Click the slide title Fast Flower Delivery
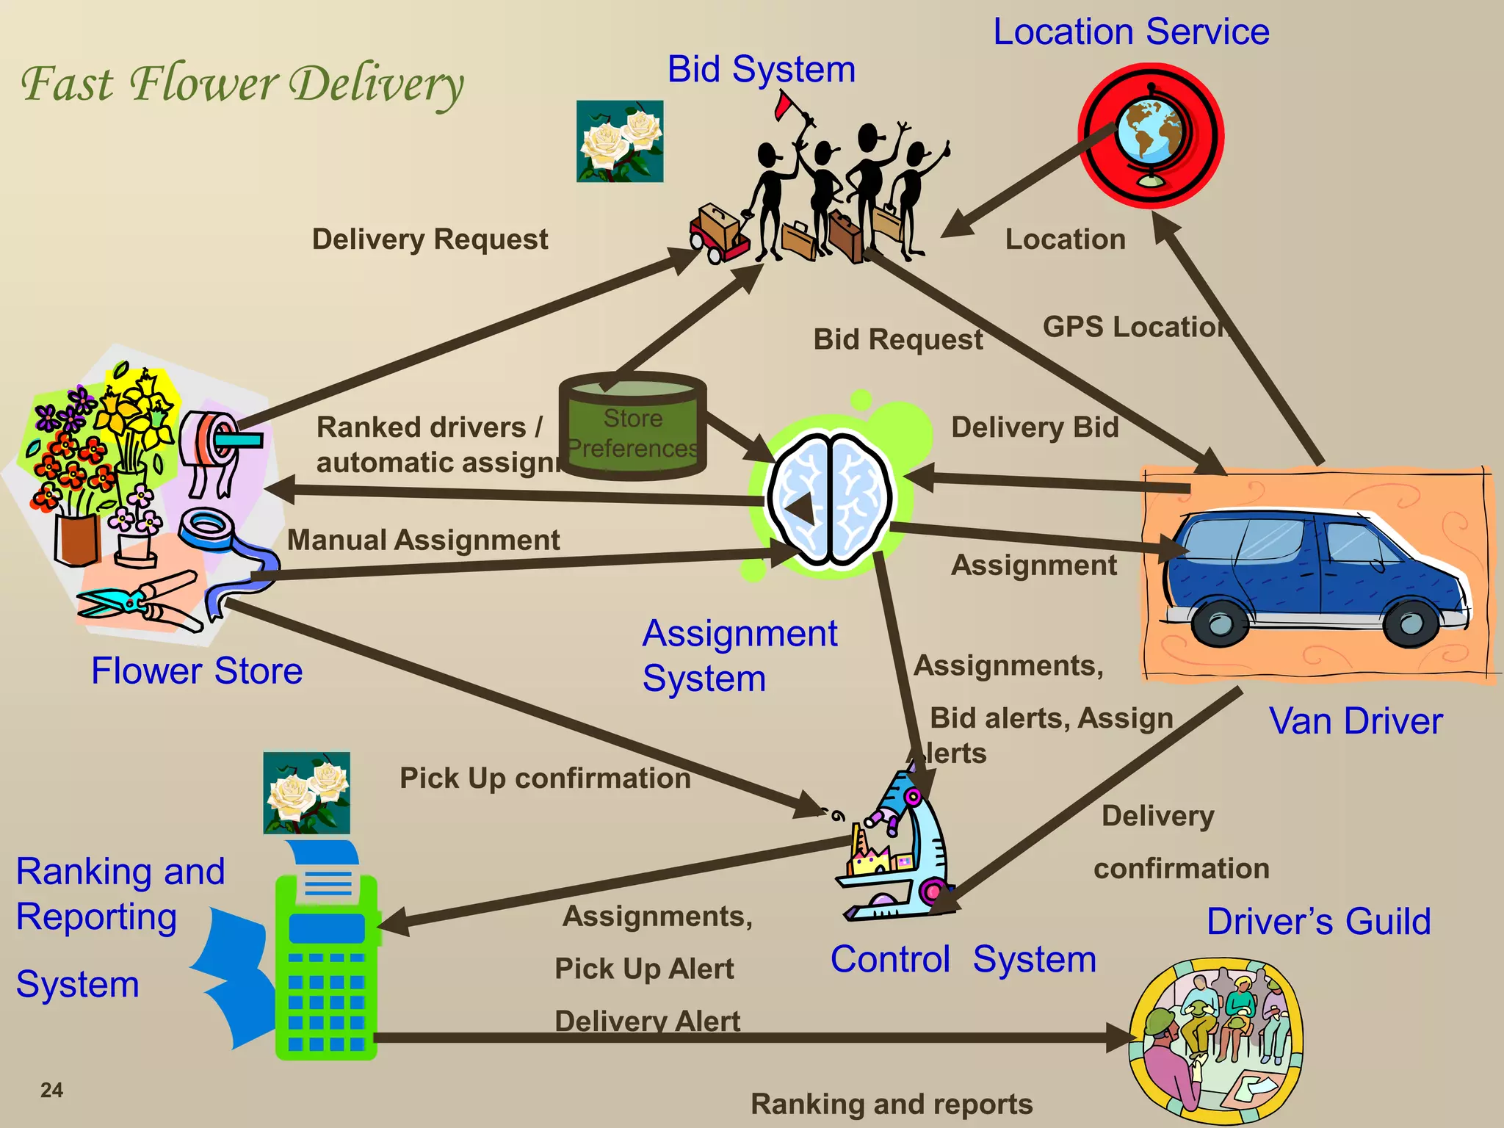coord(242,84)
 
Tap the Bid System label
coord(762,70)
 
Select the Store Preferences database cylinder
coord(632,426)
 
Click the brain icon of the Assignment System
coord(830,499)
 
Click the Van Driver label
coord(1356,721)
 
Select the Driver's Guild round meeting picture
coord(1215,1039)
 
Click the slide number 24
coord(51,1090)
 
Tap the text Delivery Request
coord(430,239)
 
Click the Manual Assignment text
coord(423,540)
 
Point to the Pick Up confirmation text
coord(545,778)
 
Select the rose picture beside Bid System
coord(620,142)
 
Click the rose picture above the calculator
coord(307,792)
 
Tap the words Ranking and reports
coord(891,1104)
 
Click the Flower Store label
coord(197,671)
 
